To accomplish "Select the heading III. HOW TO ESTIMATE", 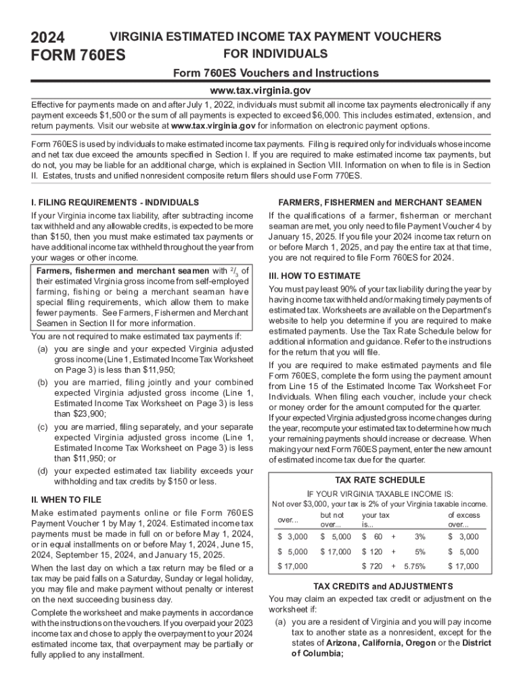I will pyautogui.click(x=316, y=276).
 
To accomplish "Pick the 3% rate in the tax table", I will pyautogui.click(x=420, y=536).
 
